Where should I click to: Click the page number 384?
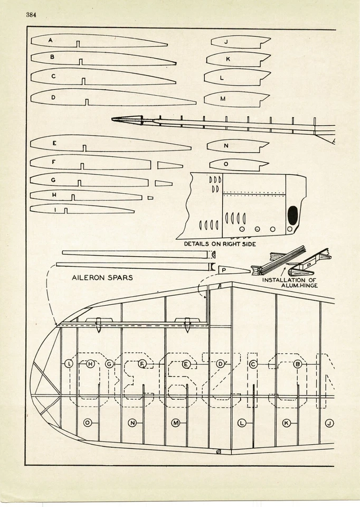pyautogui.click(x=31, y=14)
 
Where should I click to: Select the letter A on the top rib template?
pyautogui.click(x=50, y=40)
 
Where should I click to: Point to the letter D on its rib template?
pyautogui.click(x=53, y=97)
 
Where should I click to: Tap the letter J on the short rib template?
pyautogui.click(x=226, y=41)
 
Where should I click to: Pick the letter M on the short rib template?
pyautogui.click(x=222, y=99)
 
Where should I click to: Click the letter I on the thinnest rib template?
pyautogui.click(x=55, y=209)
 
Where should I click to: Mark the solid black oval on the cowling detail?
pyautogui.click(x=292, y=214)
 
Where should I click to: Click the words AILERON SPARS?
pyautogui.click(x=102, y=277)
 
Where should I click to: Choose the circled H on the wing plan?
pyautogui.click(x=90, y=364)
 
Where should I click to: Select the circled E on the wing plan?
pyautogui.click(x=186, y=364)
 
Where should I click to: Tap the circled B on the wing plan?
pyautogui.click(x=297, y=364)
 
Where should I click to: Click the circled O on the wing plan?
pyautogui.click(x=87, y=422)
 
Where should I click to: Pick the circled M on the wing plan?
pyautogui.click(x=176, y=422)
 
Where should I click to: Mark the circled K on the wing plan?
pyautogui.click(x=286, y=423)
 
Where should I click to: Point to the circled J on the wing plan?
pyautogui.click(x=329, y=423)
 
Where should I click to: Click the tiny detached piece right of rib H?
pyautogui.click(x=150, y=198)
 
